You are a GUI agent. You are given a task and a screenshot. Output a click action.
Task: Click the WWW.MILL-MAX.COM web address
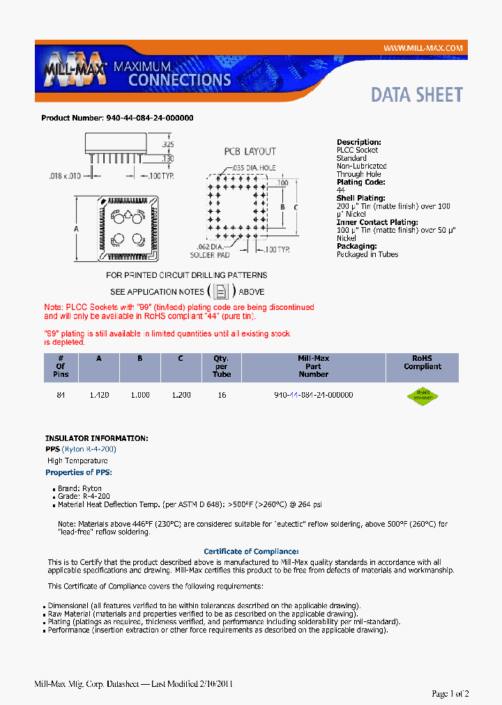(x=423, y=48)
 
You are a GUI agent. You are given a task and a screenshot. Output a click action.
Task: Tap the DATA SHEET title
(x=416, y=95)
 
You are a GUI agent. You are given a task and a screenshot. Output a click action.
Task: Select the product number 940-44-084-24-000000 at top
(x=149, y=118)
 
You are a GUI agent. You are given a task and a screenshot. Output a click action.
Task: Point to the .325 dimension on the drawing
(x=167, y=145)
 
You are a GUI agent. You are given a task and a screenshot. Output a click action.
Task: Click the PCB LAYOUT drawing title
(x=250, y=151)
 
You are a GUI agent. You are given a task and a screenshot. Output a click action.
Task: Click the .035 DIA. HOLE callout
(x=254, y=168)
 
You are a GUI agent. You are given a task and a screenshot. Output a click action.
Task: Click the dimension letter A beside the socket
(x=75, y=229)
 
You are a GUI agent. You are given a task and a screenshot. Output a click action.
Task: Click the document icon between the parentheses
(x=221, y=291)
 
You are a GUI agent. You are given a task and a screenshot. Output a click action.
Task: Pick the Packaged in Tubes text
(x=367, y=254)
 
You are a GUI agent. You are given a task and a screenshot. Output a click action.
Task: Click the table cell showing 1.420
(x=99, y=395)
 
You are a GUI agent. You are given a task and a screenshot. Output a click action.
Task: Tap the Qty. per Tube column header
(x=221, y=366)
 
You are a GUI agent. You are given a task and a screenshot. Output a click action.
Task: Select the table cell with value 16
(x=222, y=395)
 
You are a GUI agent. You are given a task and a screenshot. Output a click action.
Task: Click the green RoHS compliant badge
(x=423, y=396)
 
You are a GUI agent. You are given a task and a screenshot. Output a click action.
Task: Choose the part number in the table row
(x=313, y=395)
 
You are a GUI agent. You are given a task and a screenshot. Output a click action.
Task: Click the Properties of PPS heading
(x=79, y=472)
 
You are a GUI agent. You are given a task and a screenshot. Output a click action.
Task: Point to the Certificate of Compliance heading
(x=251, y=551)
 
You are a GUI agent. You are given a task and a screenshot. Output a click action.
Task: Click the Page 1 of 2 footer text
(x=450, y=693)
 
